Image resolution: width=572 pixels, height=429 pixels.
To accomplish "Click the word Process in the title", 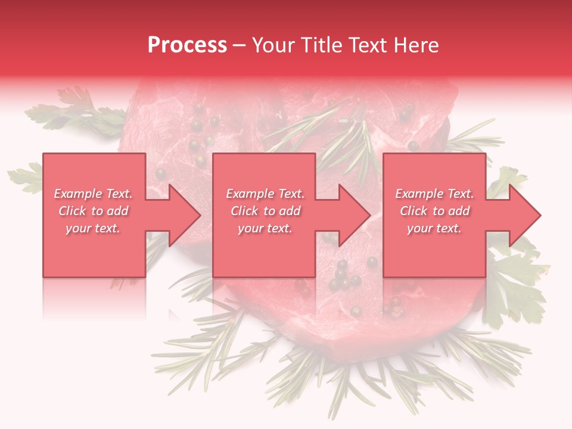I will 187,45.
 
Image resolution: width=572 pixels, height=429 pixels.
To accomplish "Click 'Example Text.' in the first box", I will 94,194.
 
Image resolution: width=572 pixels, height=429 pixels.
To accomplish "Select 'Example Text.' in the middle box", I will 265,194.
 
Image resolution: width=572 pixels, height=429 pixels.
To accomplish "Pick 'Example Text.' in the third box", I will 434,194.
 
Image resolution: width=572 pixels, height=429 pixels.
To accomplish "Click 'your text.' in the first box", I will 94,228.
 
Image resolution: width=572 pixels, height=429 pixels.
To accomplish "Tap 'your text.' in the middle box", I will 265,228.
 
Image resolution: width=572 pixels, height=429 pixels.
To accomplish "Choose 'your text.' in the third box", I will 434,228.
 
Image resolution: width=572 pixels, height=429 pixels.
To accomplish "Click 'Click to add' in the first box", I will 94,211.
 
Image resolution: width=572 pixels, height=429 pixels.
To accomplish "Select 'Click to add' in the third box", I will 434,211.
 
